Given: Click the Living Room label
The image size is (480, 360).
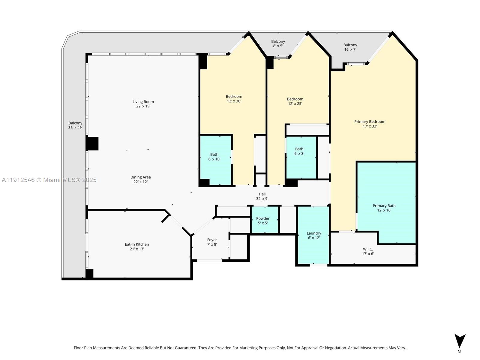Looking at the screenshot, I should pyautogui.click(x=143, y=104).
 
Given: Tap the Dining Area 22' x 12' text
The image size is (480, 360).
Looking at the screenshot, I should pyautogui.click(x=140, y=179).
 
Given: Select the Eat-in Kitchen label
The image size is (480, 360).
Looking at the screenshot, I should pyautogui.click(x=137, y=247).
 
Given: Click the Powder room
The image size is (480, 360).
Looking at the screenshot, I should pyautogui.click(x=263, y=221).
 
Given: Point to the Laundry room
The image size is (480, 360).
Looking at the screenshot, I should pyautogui.click(x=314, y=235).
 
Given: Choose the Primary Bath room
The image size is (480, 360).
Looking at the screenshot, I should pyautogui.click(x=384, y=208).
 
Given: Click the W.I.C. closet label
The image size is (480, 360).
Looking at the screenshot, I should pyautogui.click(x=368, y=251).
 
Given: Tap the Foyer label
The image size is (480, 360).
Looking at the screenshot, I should pyautogui.click(x=212, y=242).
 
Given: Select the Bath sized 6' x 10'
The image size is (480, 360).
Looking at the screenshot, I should pyautogui.click(x=214, y=157).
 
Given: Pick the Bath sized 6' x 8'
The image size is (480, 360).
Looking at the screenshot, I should pyautogui.click(x=299, y=151).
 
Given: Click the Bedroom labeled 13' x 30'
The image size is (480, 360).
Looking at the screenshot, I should pyautogui.click(x=234, y=99).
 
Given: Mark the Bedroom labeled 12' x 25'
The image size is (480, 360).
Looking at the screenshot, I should pyautogui.click(x=295, y=101).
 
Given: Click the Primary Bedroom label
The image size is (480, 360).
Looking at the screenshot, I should pyautogui.click(x=370, y=124).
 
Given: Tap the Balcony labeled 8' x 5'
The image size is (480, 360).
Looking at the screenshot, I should pyautogui.click(x=278, y=44).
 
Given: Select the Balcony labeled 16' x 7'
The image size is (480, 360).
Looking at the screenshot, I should pyautogui.click(x=350, y=47).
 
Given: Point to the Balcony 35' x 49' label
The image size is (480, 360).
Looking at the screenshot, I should pyautogui.click(x=75, y=125).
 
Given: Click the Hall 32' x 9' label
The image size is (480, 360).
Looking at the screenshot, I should pyautogui.click(x=262, y=196).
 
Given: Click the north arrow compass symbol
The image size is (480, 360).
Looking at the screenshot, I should pyautogui.click(x=460, y=341).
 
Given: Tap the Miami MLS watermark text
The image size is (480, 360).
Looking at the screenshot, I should pyautogui.click(x=49, y=180).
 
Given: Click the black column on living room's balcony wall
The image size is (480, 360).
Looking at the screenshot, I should pyautogui.click(x=92, y=143).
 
